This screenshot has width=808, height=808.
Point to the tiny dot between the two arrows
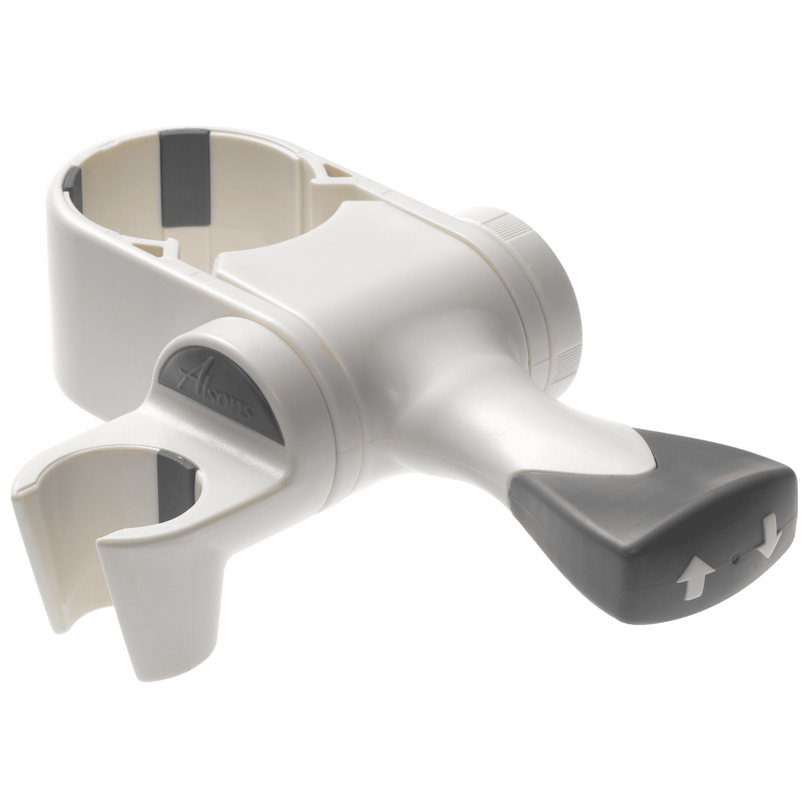[x=735, y=557]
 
